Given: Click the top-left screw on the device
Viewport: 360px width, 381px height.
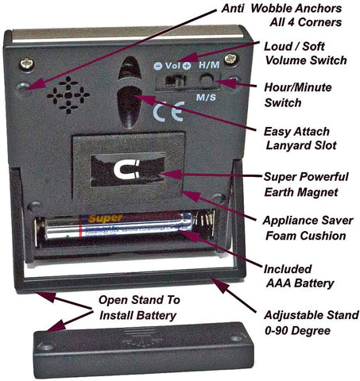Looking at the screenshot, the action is pos(27,64).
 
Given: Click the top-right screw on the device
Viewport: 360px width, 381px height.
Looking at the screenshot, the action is pos(231,59).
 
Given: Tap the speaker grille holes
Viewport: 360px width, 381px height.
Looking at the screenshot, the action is pos(68,95).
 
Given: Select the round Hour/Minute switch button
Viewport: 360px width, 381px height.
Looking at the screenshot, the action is pos(207,80).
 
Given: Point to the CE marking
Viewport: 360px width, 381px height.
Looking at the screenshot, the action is pos(168,111).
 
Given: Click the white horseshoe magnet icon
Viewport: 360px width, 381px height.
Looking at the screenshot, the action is pos(126,170).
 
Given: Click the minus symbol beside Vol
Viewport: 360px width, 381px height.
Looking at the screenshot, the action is pos(158,66).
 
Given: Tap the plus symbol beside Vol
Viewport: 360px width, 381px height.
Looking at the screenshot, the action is pos(187,66).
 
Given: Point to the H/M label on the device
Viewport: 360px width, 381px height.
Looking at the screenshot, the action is pos(209,65).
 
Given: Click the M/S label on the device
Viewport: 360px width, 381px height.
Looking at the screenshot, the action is pos(206,98).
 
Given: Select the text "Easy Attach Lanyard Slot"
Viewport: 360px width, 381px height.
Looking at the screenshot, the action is pos(300,138).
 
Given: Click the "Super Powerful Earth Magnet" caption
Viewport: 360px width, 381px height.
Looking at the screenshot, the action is pos(306,184).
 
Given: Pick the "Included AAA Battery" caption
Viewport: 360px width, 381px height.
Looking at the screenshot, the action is pos(299,276).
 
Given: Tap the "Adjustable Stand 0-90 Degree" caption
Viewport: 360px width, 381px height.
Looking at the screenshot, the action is pos(312,323).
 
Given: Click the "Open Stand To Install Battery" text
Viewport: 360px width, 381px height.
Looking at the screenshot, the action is pos(139,308).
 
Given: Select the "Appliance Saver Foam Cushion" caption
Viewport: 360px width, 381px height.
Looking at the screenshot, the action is pos(308,228).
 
